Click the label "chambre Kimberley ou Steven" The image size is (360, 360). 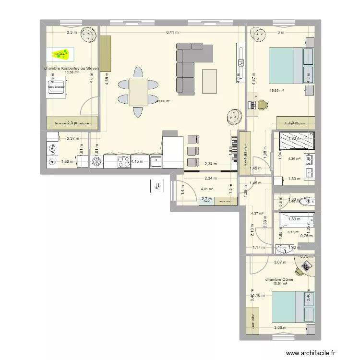point(71,69)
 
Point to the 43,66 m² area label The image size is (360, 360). point(164,101)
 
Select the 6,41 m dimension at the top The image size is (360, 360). point(172,33)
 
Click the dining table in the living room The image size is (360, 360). point(138,92)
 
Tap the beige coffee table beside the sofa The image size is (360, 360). point(210,81)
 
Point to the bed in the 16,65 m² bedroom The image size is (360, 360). point(286,64)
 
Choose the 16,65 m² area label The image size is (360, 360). point(276,90)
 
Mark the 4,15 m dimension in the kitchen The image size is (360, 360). point(137,161)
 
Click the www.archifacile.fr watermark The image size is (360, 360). point(312,354)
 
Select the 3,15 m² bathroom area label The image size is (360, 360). point(293,232)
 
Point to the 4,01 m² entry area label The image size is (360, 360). point(207,189)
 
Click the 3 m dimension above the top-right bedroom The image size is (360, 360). point(281,33)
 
